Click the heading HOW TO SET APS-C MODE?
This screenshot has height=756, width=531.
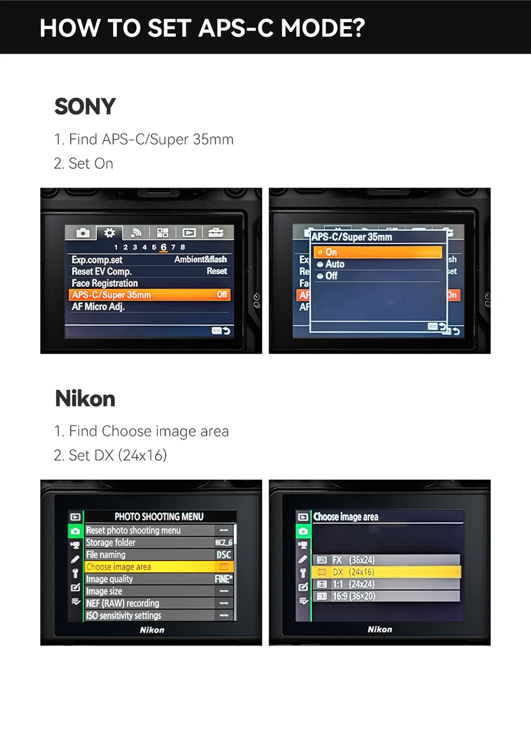click(x=202, y=28)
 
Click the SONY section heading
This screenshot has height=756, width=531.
click(x=85, y=106)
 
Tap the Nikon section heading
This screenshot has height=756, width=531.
click(x=85, y=398)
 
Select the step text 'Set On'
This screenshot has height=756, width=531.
click(x=84, y=164)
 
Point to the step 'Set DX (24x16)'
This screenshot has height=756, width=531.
click(x=110, y=455)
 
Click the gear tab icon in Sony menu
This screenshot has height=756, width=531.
click(x=110, y=232)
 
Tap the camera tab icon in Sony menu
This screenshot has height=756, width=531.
click(x=82, y=232)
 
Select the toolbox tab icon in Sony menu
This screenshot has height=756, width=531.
click(x=216, y=232)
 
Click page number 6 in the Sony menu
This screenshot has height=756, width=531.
click(x=163, y=247)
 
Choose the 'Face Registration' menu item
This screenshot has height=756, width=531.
click(x=105, y=283)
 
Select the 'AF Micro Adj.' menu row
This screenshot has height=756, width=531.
click(x=98, y=307)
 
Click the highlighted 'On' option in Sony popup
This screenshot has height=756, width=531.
click(x=378, y=252)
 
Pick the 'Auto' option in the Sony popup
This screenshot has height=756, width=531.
click(x=334, y=265)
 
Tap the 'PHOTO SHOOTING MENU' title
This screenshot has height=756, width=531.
click(x=159, y=516)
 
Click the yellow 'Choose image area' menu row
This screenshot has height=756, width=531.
click(x=149, y=567)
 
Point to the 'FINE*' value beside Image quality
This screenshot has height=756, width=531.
click(x=223, y=579)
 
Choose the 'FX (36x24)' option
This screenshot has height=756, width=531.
click(x=353, y=560)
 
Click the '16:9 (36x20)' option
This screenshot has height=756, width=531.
click(x=353, y=596)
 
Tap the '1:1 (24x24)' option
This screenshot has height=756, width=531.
click(x=353, y=584)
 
